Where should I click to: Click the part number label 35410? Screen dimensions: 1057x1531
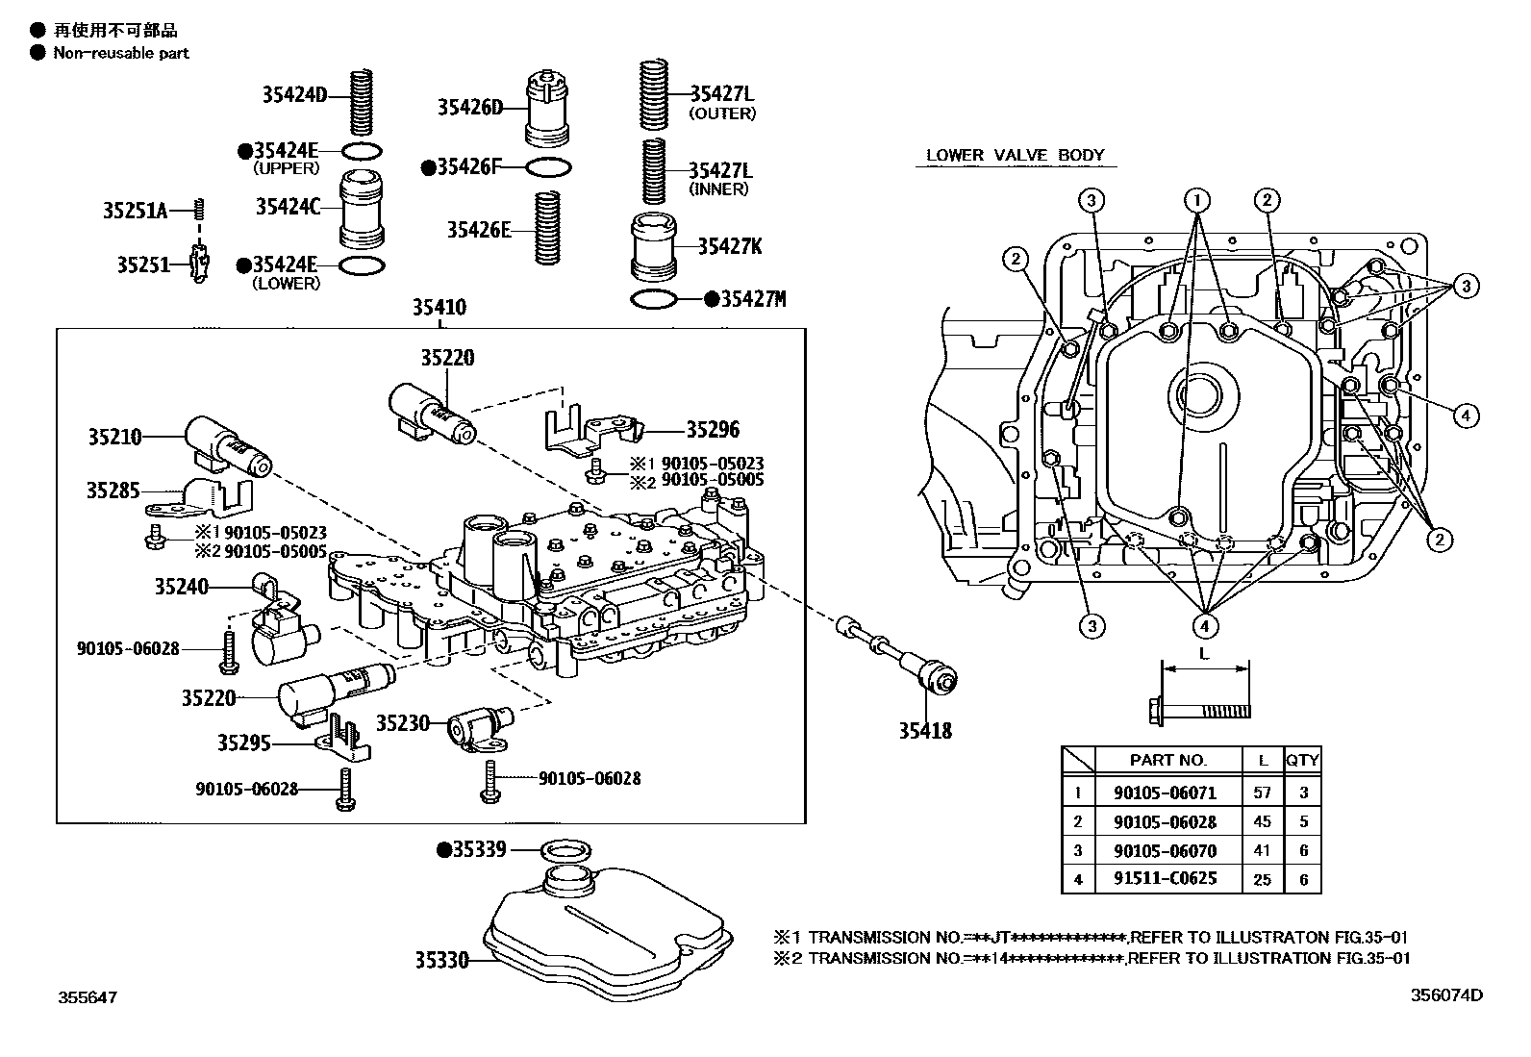(439, 308)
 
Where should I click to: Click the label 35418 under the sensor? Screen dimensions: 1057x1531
(925, 731)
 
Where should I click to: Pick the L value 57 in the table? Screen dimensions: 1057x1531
(1262, 793)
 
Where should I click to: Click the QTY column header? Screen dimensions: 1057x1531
(1302, 760)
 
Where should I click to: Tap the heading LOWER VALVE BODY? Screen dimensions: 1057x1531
(1015, 155)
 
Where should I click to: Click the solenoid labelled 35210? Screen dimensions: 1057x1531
(228, 446)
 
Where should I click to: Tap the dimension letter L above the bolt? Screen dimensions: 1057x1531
(1204, 653)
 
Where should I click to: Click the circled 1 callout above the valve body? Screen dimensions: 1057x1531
(1197, 200)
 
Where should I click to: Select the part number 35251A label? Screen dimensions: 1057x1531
(135, 210)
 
